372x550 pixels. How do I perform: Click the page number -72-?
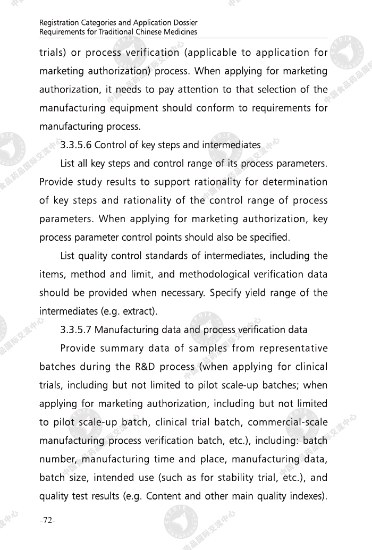(x=48, y=520)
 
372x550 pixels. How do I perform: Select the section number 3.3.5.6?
(x=76, y=145)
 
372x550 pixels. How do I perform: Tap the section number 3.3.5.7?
(x=76, y=329)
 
